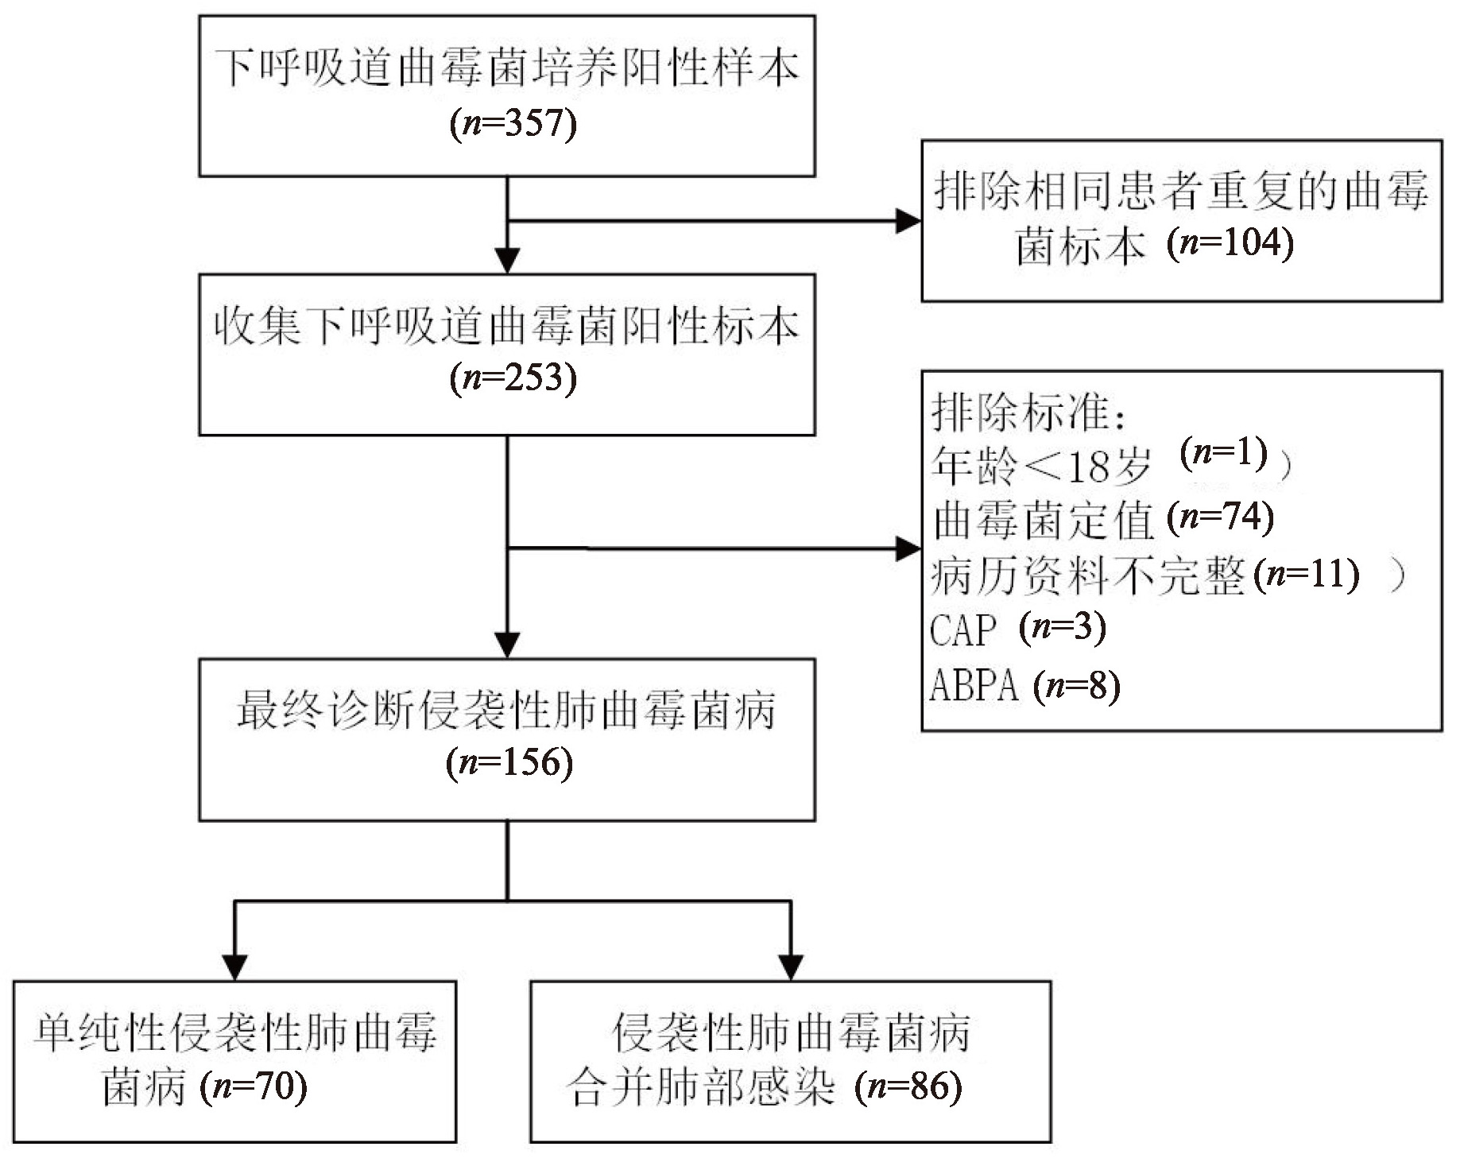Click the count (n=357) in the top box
513,124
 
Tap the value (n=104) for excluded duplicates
1230,242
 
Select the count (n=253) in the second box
513,378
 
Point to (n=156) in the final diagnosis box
509,762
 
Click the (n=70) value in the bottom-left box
254,1086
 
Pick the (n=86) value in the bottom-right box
908,1086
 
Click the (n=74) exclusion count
1221,517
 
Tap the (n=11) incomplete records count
1306,574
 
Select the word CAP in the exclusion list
962,630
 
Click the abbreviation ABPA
974,685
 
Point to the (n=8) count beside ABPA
1077,685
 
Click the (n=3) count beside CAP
1063,628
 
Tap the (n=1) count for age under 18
1224,453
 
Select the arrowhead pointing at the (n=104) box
908,221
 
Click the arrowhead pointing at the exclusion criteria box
908,548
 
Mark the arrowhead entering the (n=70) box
235,967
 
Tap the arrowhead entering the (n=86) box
791,967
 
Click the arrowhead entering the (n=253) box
507,261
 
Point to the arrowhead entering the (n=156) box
507,645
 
